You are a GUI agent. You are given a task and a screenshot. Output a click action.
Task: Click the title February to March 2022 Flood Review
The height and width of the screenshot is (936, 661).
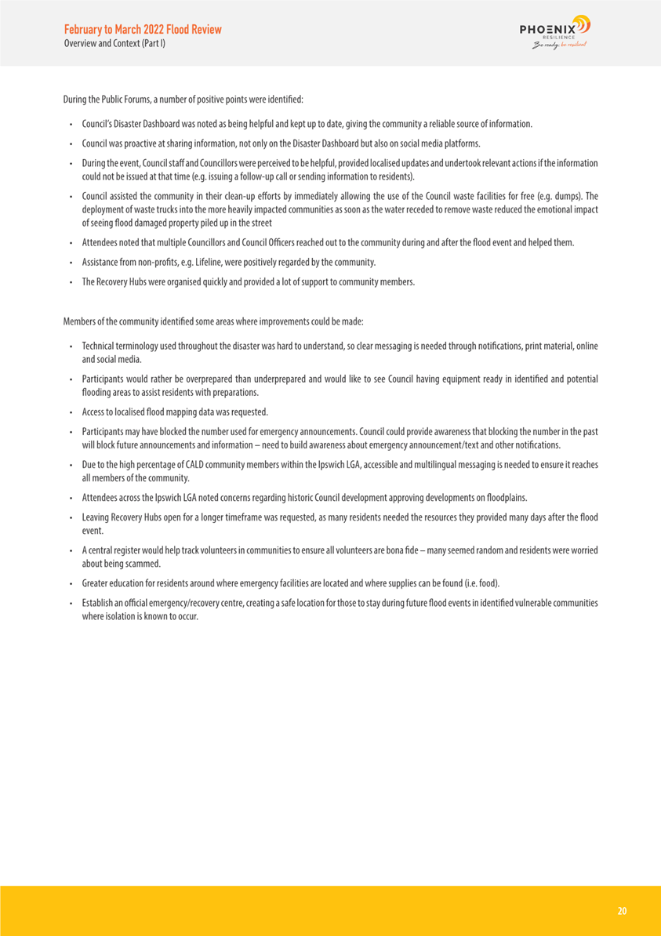pyautogui.click(x=143, y=29)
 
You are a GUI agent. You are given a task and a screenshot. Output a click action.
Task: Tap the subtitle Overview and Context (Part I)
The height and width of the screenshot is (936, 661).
pyautogui.click(x=114, y=43)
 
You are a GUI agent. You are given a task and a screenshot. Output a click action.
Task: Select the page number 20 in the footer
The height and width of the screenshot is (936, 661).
pyautogui.click(x=622, y=911)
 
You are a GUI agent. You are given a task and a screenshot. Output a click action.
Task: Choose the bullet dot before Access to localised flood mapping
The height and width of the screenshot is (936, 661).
pyautogui.click(x=71, y=412)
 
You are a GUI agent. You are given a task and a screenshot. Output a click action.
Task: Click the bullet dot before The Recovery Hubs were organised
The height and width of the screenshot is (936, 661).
pyautogui.click(x=71, y=282)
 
